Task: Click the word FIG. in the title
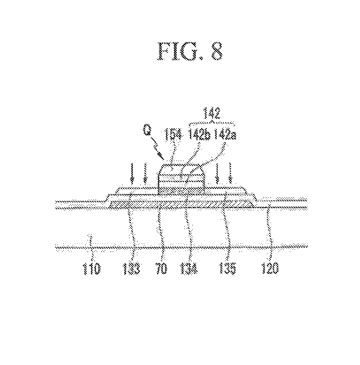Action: (178, 51)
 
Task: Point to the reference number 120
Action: (271, 269)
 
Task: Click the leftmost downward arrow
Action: (132, 173)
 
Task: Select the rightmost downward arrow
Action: (230, 173)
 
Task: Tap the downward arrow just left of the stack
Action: (145, 173)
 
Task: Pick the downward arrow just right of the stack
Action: (217, 173)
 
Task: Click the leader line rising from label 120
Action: (269, 227)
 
